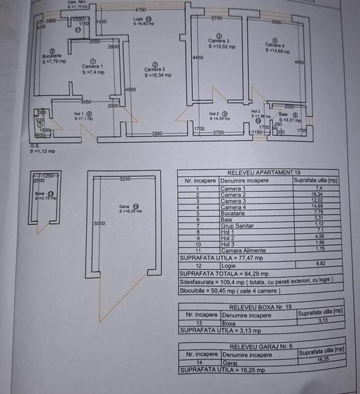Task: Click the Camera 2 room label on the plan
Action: click(155, 69)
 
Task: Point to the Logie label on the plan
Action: click(137, 20)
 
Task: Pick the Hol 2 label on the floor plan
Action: click(216, 114)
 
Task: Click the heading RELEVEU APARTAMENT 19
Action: click(258, 172)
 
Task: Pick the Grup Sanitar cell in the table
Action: click(235, 225)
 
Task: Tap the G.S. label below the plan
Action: click(34, 146)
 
